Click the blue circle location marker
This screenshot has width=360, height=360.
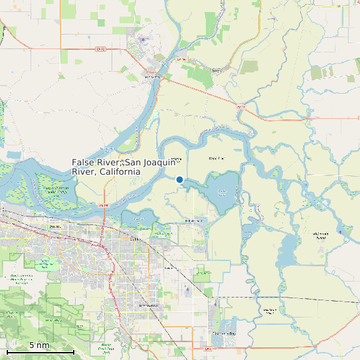pos(179,179)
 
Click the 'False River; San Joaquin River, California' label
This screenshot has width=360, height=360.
pos(106,167)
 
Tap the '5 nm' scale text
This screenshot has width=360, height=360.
pos(39,345)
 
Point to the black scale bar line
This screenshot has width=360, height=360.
pos(40,352)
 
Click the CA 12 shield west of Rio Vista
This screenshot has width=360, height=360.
pos(100,48)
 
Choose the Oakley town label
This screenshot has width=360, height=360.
pos(135,238)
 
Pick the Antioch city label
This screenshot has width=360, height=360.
pos(54,226)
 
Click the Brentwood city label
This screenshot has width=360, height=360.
pos(149,305)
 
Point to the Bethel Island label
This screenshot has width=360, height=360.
pos(194,220)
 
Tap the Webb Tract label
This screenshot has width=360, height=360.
pos(217,158)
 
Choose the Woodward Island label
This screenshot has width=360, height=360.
pos(269,310)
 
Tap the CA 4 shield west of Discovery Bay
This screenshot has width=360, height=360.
pos(209,347)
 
